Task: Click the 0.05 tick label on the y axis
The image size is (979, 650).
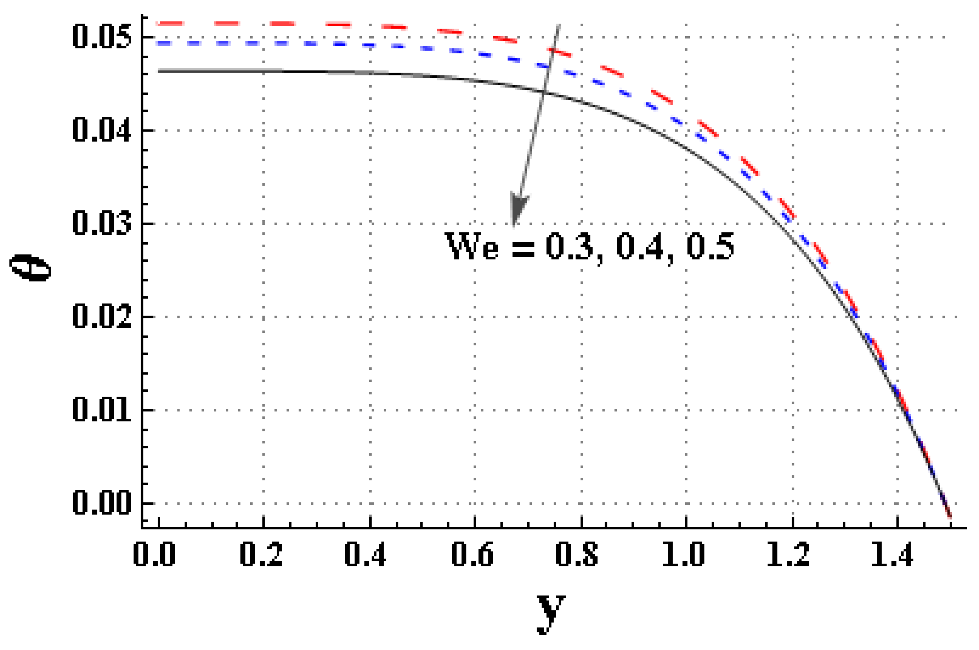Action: click(x=102, y=37)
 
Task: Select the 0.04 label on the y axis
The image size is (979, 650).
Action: click(x=102, y=130)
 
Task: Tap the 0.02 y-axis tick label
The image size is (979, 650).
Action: click(x=102, y=317)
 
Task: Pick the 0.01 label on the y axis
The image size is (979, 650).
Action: click(x=102, y=410)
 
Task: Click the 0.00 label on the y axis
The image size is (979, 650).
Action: click(x=102, y=503)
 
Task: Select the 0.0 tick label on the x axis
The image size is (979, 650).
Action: click(x=154, y=554)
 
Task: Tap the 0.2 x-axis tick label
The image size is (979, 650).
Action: click(x=261, y=554)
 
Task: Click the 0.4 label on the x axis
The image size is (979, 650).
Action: click(x=365, y=554)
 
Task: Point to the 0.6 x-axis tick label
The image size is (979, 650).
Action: click(x=473, y=554)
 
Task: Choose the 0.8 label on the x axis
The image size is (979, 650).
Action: click(x=577, y=554)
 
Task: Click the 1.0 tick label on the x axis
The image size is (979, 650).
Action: click(x=684, y=554)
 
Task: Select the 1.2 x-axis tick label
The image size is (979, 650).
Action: click(x=788, y=554)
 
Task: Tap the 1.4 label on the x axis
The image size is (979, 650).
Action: click(x=892, y=554)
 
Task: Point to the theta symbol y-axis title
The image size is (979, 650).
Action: click(x=30, y=268)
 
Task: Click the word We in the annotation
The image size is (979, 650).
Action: click(x=472, y=246)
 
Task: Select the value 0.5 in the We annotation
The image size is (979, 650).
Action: click(x=711, y=246)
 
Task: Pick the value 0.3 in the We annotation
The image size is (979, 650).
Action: click(x=570, y=246)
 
